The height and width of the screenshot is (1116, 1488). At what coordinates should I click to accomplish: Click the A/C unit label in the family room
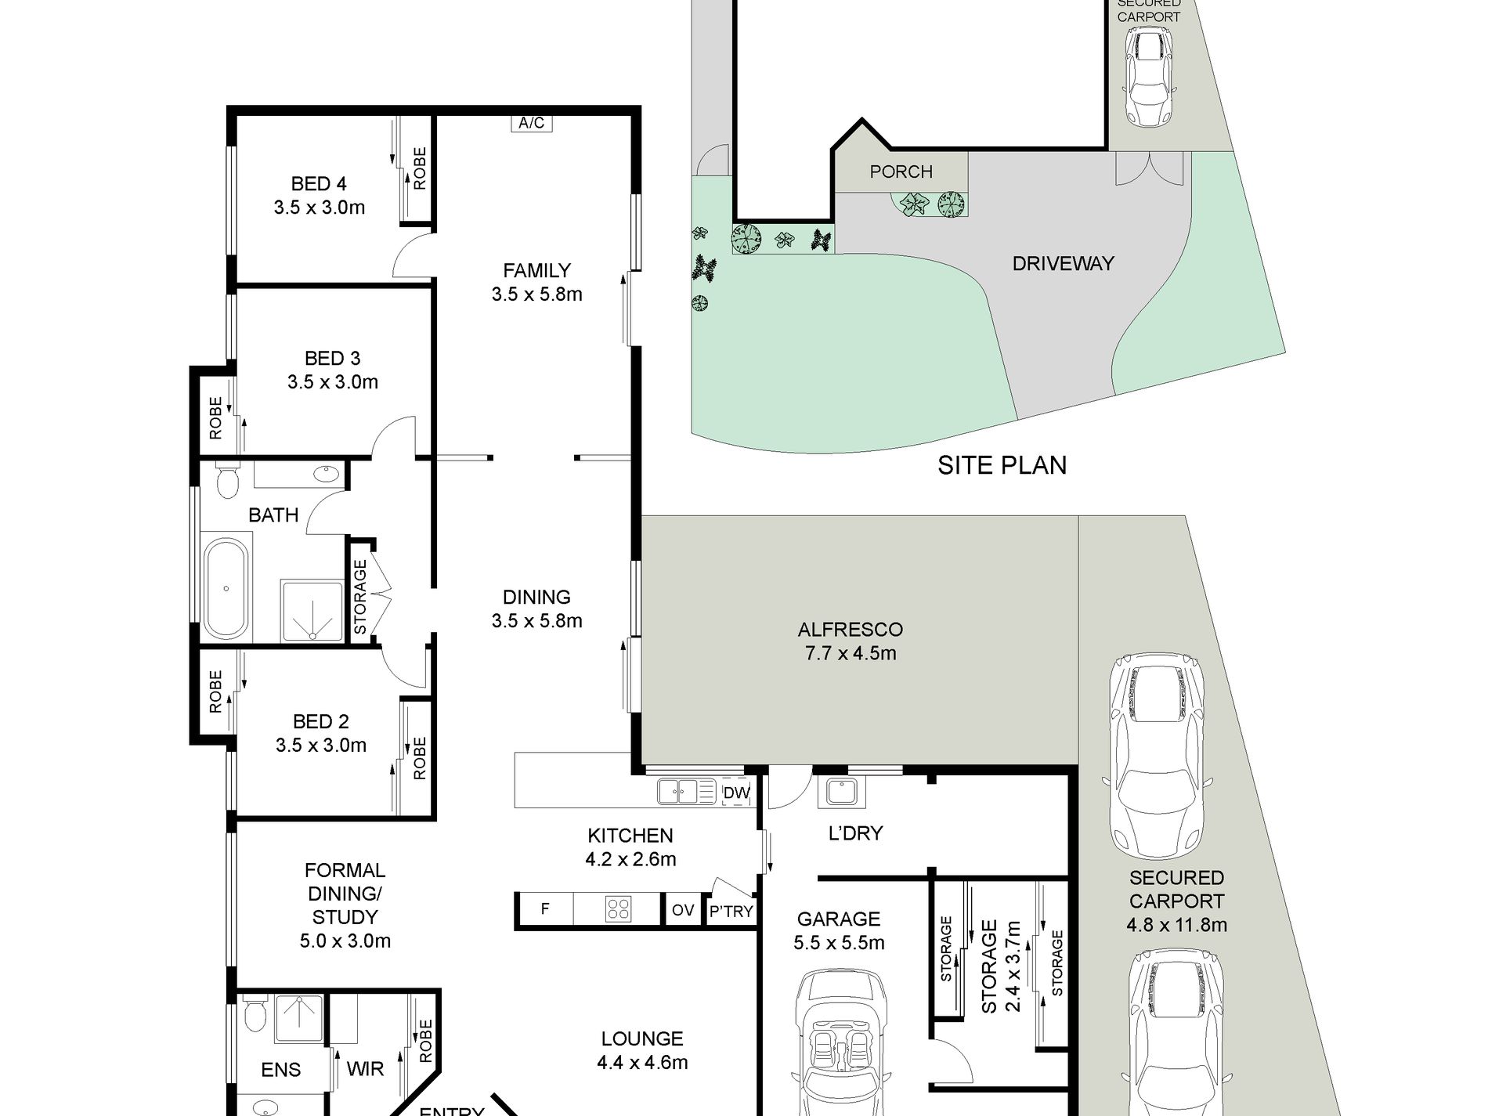pyautogui.click(x=531, y=123)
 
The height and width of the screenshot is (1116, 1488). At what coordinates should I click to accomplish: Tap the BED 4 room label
pyautogui.click(x=318, y=184)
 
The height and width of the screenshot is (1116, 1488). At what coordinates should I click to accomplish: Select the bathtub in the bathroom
pyautogui.click(x=226, y=587)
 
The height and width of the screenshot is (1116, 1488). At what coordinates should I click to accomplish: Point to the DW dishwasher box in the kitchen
pyautogui.click(x=736, y=793)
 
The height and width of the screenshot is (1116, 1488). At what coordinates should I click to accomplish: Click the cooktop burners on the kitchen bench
pyautogui.click(x=618, y=909)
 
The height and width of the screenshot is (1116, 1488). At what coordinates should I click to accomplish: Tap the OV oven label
pyautogui.click(x=683, y=910)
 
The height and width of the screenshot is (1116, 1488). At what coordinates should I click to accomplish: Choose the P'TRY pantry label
pyautogui.click(x=731, y=912)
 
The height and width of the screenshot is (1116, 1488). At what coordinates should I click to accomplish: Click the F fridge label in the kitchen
pyautogui.click(x=545, y=909)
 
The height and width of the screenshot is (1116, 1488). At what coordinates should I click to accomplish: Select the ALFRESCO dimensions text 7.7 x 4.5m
pyautogui.click(x=851, y=653)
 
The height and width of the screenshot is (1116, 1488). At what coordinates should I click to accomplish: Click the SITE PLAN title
pyautogui.click(x=1002, y=466)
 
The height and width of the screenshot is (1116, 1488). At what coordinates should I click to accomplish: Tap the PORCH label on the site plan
pyautogui.click(x=901, y=172)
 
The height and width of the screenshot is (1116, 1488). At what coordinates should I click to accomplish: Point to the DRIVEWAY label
pyautogui.click(x=1063, y=264)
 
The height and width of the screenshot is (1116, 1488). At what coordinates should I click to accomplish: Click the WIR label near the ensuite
pyautogui.click(x=365, y=1068)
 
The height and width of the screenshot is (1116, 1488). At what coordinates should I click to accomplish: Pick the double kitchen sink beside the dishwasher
pyautogui.click(x=678, y=792)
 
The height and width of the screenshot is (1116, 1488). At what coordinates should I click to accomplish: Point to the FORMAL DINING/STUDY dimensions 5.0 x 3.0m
pyautogui.click(x=345, y=941)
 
